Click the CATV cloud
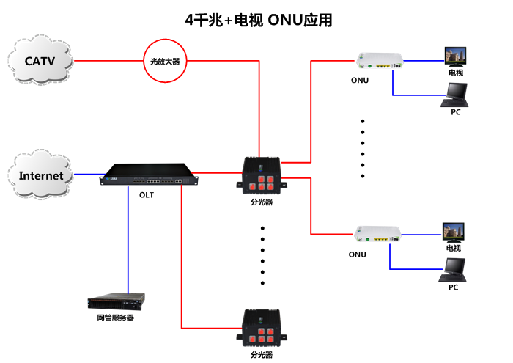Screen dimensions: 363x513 coord(41,60)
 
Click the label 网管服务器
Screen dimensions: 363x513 coord(116,318)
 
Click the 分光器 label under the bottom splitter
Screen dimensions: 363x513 coord(261,354)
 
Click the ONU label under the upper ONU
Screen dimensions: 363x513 coord(360,81)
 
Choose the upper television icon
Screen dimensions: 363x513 coord(455,56)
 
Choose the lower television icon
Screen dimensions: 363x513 coord(454,232)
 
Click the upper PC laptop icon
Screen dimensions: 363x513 coord(456,93)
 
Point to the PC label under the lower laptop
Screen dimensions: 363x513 coord(454,287)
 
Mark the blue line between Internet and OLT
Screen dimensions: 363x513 coord(88,175)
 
